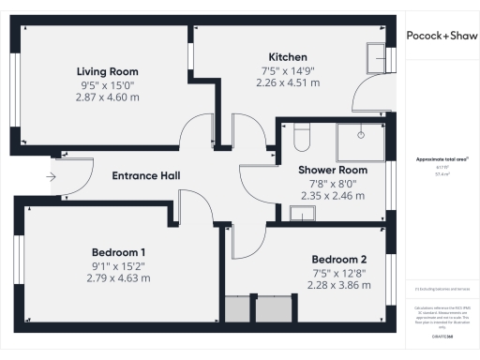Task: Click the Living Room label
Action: [107, 71]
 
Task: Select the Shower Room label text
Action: [333, 170]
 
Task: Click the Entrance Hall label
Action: [145, 176]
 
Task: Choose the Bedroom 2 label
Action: [339, 259]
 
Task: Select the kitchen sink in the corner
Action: [376, 55]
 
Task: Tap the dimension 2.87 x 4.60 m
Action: [107, 97]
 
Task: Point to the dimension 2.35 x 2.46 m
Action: [333, 196]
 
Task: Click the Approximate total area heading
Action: [441, 159]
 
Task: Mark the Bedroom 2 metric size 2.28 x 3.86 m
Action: [339, 285]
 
